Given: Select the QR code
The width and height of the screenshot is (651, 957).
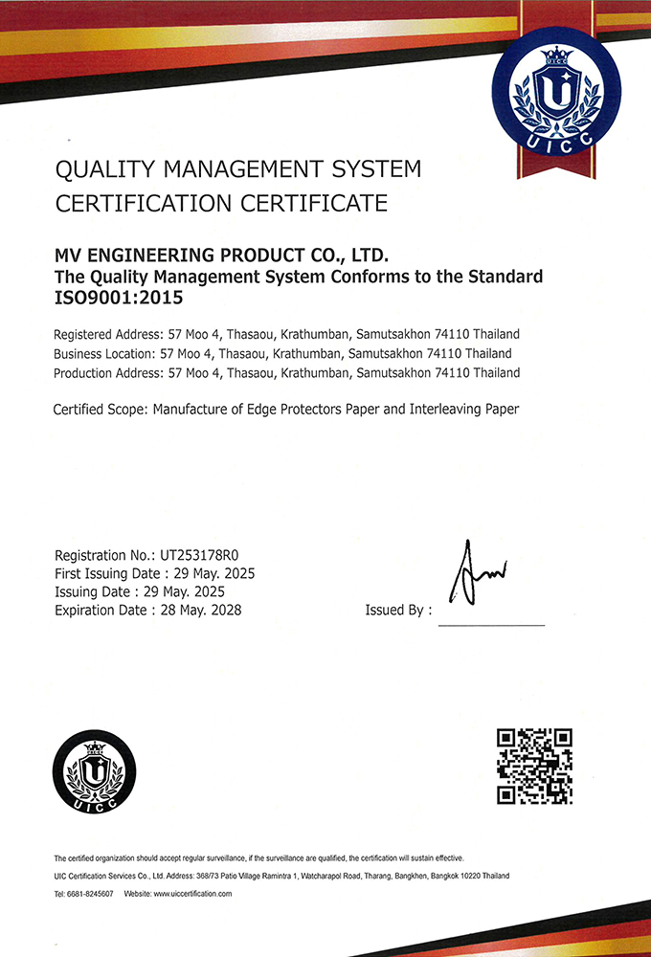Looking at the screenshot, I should [534, 766].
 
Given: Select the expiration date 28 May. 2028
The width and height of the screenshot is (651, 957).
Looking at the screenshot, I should [202, 610].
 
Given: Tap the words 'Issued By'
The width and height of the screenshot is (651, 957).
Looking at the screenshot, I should [394, 610].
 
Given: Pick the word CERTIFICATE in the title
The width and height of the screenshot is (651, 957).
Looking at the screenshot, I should [315, 203].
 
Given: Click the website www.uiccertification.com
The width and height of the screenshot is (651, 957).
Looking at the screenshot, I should [192, 893].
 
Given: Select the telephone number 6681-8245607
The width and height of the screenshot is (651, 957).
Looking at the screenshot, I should [91, 893].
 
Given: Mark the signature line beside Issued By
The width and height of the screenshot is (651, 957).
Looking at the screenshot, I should [491, 624].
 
